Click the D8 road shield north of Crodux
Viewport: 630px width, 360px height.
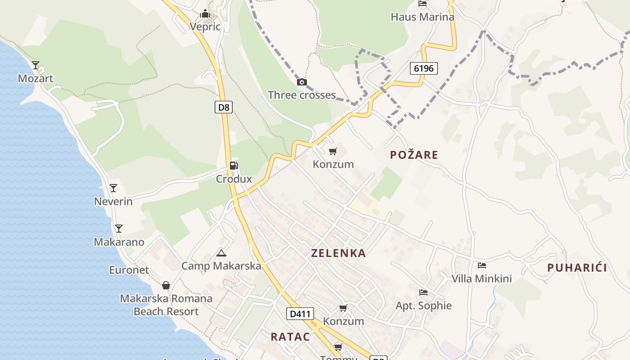pyautogui.click(x=223, y=107)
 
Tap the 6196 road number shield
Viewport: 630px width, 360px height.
pyautogui.click(x=423, y=68)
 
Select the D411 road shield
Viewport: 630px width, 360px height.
pyautogui.click(x=300, y=314)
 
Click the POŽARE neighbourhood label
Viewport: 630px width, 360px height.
pyautogui.click(x=414, y=155)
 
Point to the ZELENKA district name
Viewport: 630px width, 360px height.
pyautogui.click(x=338, y=253)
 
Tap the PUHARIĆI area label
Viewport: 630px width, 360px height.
pyautogui.click(x=577, y=268)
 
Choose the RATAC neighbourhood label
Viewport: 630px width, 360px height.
pyautogui.click(x=290, y=337)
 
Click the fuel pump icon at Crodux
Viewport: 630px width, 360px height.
pyautogui.click(x=234, y=166)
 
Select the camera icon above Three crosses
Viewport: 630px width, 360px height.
pyautogui.click(x=302, y=82)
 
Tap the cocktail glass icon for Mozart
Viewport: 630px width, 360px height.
pyautogui.click(x=36, y=65)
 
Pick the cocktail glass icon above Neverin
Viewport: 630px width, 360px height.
pyautogui.click(x=113, y=188)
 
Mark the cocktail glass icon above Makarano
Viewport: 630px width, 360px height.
pyautogui.click(x=118, y=229)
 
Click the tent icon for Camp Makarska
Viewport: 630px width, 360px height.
pyautogui.click(x=221, y=253)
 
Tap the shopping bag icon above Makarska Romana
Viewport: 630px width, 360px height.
pyautogui.click(x=166, y=285)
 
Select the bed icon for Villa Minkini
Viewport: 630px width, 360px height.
pyautogui.click(x=482, y=265)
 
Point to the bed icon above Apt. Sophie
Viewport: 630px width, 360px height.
pyautogui.click(x=423, y=292)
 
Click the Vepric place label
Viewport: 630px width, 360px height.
pyautogui.click(x=205, y=27)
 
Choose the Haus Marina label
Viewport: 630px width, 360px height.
pyautogui.click(x=423, y=17)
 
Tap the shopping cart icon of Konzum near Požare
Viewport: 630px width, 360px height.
pyautogui.click(x=333, y=151)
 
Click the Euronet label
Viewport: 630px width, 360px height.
pyautogui.click(x=129, y=270)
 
